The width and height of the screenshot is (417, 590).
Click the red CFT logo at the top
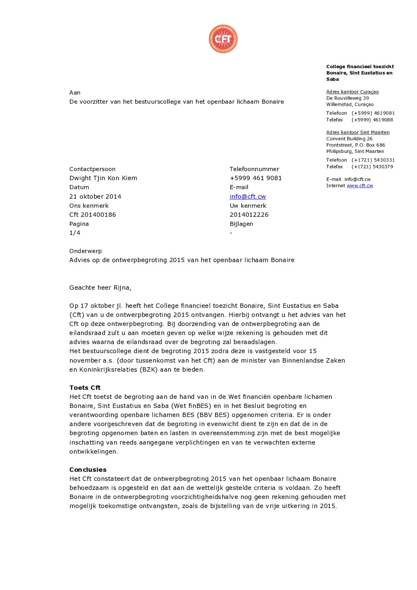point(223,39)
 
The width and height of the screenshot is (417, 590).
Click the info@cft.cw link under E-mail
point(248,196)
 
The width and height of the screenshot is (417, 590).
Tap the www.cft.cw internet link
point(359,186)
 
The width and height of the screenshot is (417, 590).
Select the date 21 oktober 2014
point(95,196)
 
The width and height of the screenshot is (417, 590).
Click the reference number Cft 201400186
point(93,215)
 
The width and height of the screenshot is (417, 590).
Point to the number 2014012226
point(249,215)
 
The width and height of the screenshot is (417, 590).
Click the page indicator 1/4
point(74,233)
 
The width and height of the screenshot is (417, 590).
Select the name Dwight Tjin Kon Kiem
point(103,178)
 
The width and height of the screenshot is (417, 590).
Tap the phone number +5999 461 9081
point(256,178)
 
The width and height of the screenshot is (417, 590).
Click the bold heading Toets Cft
point(85,388)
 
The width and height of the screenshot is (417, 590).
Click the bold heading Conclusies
point(88,470)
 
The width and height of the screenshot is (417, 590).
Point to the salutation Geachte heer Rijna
point(100,288)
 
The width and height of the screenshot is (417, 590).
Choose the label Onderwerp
point(86,251)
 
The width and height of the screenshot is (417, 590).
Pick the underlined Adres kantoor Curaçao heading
point(352,92)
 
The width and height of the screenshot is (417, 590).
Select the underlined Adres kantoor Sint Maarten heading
point(357,132)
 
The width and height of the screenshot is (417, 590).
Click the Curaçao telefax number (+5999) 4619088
point(372,120)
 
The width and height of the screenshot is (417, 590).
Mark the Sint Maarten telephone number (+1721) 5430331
point(373,160)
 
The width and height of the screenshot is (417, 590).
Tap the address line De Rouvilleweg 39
point(347,98)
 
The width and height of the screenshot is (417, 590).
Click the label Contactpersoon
point(92,169)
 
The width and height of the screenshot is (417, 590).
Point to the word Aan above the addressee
point(75,93)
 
